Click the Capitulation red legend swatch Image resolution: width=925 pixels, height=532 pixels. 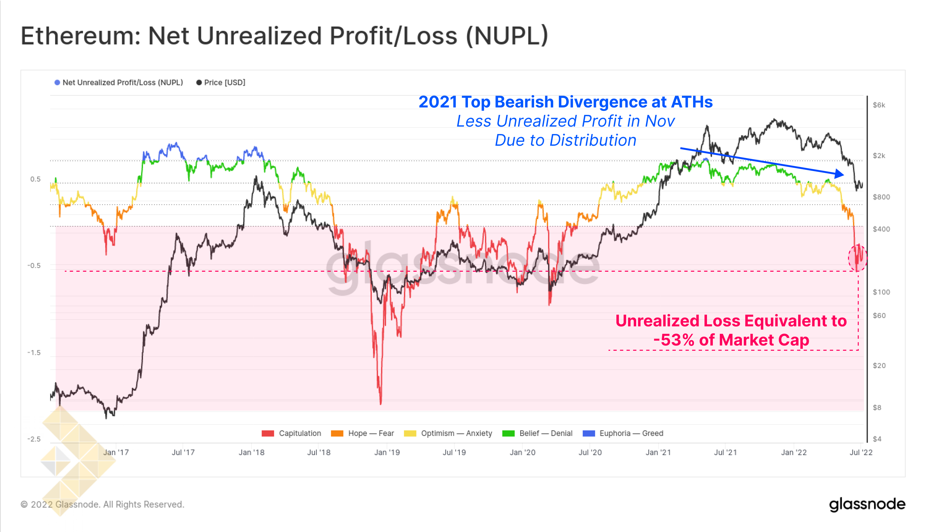pyautogui.click(x=268, y=433)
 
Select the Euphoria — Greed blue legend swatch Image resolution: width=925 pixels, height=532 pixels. pyautogui.click(x=589, y=433)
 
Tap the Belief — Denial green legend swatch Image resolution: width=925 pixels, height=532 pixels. pyautogui.click(x=508, y=433)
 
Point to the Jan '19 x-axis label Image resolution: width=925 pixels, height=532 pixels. pyautogui.click(x=387, y=452)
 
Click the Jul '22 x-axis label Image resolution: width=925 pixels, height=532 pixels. pyautogui.click(x=861, y=452)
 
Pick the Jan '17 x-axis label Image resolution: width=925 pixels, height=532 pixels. pyautogui.click(x=116, y=452)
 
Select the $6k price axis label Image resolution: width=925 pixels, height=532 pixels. pyautogui.click(x=879, y=105)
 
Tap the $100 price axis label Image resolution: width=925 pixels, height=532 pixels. pyautogui.click(x=881, y=292)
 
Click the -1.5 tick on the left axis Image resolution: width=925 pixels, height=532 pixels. pyautogui.click(x=34, y=353)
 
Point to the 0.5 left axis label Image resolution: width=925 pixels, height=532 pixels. pyautogui.click(x=36, y=179)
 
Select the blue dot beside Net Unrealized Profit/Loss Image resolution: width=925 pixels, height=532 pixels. pyautogui.click(x=57, y=82)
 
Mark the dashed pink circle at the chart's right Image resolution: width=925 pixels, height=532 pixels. pyautogui.click(x=857, y=258)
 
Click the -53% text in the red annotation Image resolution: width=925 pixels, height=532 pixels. pyautogui.click(x=673, y=340)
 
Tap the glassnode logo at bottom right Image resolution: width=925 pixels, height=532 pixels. pyautogui.click(x=867, y=504)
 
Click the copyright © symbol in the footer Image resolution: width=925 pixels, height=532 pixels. pyautogui.click(x=24, y=505)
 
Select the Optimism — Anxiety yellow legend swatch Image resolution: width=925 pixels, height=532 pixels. pyautogui.click(x=410, y=433)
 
